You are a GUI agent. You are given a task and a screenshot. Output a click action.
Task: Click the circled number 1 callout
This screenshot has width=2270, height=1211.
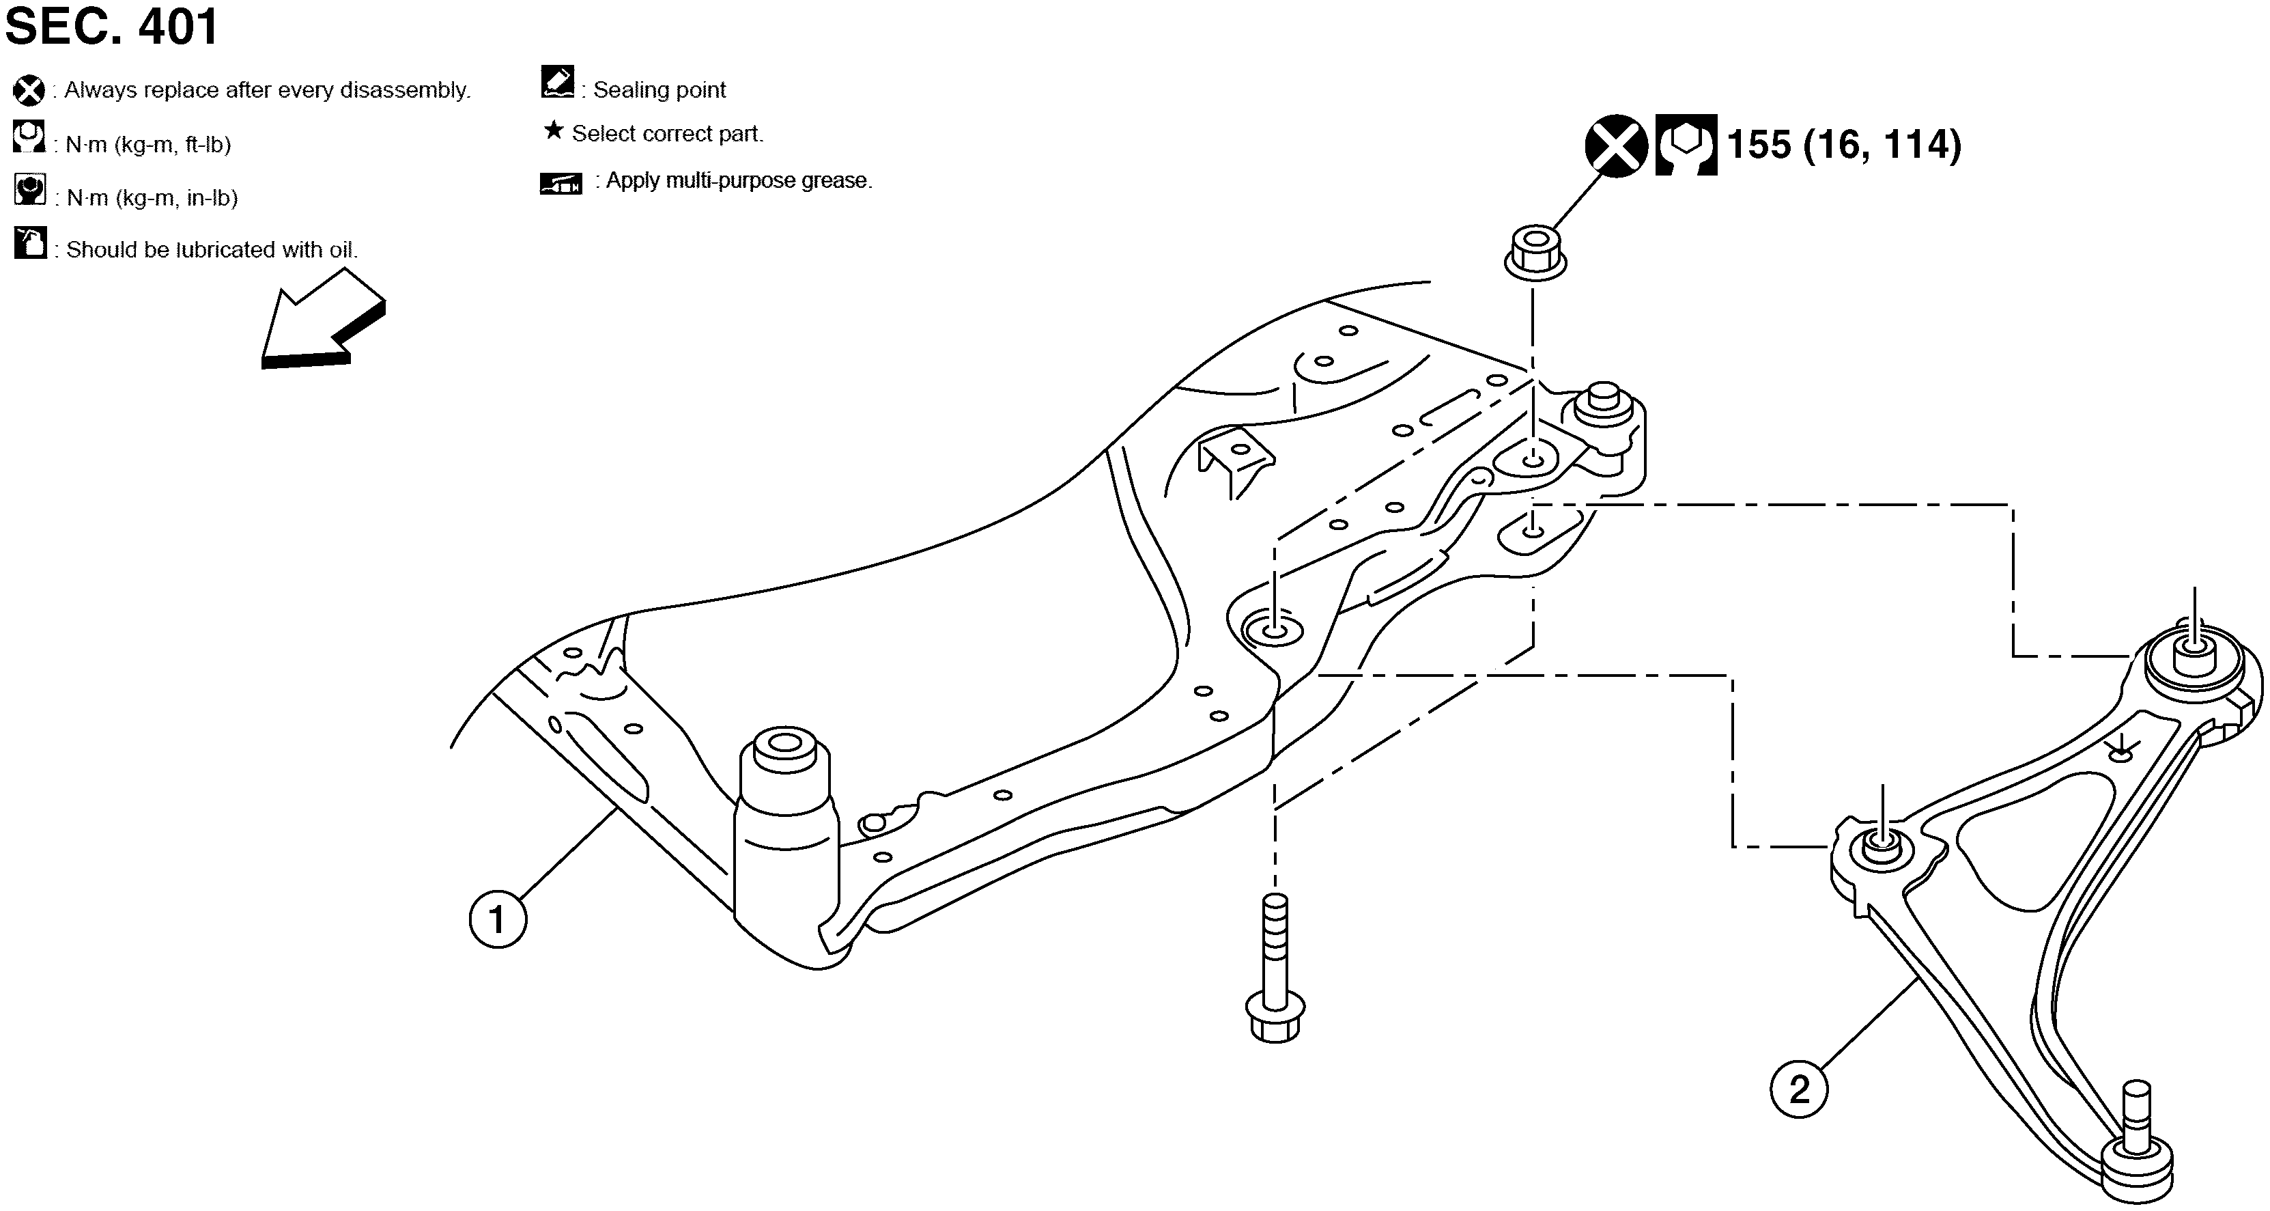pyautogui.click(x=498, y=919)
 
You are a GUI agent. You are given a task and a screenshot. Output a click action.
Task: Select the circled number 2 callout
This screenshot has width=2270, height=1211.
pyautogui.click(x=1798, y=1089)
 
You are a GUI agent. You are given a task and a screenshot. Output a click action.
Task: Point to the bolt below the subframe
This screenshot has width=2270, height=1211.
pyautogui.click(x=1275, y=968)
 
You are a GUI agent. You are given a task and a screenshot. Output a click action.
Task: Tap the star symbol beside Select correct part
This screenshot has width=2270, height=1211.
pyautogui.click(x=554, y=131)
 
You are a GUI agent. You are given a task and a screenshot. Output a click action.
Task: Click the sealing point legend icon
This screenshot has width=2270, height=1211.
pyautogui.click(x=558, y=82)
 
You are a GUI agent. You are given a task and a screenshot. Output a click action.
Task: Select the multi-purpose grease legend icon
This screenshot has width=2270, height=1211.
pyautogui.click(x=561, y=183)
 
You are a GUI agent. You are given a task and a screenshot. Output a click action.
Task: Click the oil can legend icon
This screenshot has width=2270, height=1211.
pyautogui.click(x=30, y=243)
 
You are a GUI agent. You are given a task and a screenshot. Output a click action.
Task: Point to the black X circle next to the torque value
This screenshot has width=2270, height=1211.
pyautogui.click(x=1616, y=145)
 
